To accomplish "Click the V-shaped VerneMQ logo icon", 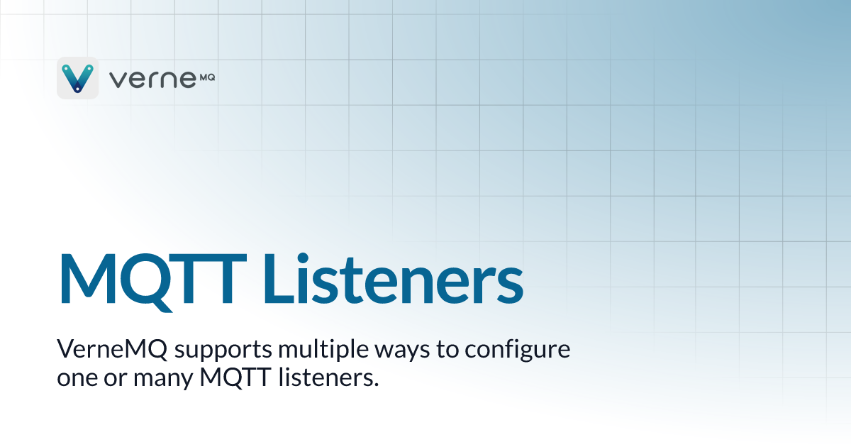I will point(77,77).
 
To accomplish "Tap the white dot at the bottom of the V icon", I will point(77,89).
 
